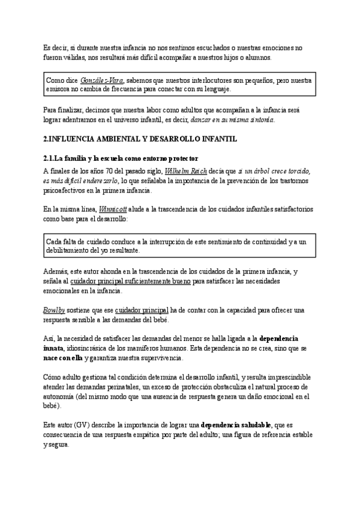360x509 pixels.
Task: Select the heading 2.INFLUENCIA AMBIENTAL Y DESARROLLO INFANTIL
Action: click(x=132, y=139)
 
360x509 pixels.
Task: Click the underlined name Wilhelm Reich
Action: click(x=188, y=171)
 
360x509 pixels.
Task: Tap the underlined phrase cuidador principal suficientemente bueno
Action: click(x=131, y=281)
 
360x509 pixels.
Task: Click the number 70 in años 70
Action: click(x=98, y=171)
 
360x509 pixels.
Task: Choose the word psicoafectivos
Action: click(x=68, y=190)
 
